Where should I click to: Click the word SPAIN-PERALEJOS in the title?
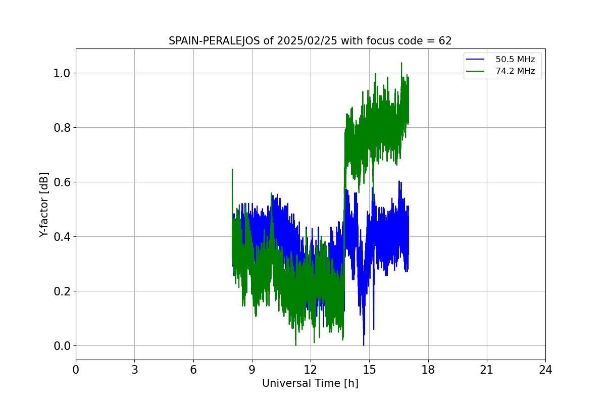pyautogui.click(x=215, y=41)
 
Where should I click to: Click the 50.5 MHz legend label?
pyautogui.click(x=515, y=59)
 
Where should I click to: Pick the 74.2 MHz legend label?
pyautogui.click(x=515, y=71)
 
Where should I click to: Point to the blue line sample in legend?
pyautogui.click(x=476, y=59)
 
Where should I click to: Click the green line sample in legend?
pyautogui.click(x=476, y=71)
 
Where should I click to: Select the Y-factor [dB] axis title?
pyautogui.click(x=44, y=205)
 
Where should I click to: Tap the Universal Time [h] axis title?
pyautogui.click(x=310, y=383)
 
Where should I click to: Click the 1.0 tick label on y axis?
pyautogui.click(x=62, y=73)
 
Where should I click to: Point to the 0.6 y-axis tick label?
pyautogui.click(x=62, y=182)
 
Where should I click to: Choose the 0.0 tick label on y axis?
pyautogui.click(x=62, y=345)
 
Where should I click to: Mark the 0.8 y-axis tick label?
pyautogui.click(x=62, y=127)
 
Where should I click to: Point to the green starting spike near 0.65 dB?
pyautogui.click(x=232, y=170)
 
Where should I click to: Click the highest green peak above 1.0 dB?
pyautogui.click(x=401, y=63)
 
